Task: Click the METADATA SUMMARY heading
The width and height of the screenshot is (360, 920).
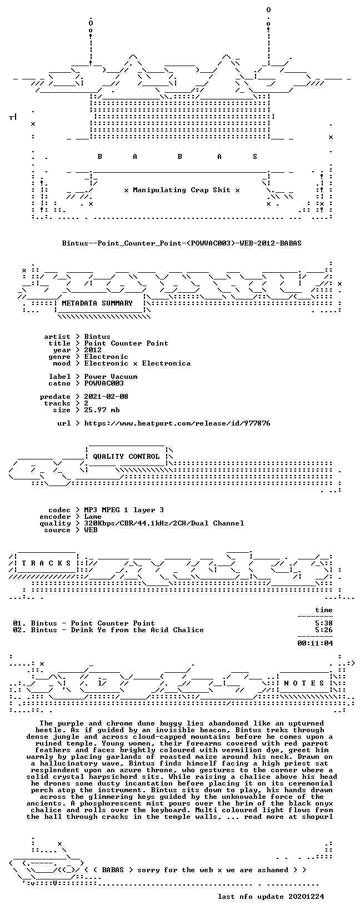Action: click(x=97, y=303)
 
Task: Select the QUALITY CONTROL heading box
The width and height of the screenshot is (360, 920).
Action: click(x=126, y=457)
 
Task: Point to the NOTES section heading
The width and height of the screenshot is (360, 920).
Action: click(x=304, y=683)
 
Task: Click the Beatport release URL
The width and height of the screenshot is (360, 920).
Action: click(x=177, y=423)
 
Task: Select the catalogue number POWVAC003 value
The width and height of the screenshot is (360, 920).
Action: click(x=104, y=383)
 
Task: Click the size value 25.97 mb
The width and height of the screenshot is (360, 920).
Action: click(x=102, y=410)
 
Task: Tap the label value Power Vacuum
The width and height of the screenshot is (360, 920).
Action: click(x=111, y=377)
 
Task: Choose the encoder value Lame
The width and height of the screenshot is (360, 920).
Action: click(x=93, y=517)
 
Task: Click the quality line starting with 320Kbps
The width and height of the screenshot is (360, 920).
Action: click(x=164, y=523)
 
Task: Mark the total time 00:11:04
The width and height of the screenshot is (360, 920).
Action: click(x=315, y=643)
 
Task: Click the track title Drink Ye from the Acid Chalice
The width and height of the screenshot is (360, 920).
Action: click(x=137, y=630)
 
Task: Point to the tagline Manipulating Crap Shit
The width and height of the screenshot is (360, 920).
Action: click(x=182, y=190)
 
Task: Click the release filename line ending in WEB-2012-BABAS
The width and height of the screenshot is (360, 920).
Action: click(x=182, y=243)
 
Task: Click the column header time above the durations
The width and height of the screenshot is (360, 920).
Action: click(x=324, y=610)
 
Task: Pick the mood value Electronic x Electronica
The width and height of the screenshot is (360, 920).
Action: click(x=137, y=363)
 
